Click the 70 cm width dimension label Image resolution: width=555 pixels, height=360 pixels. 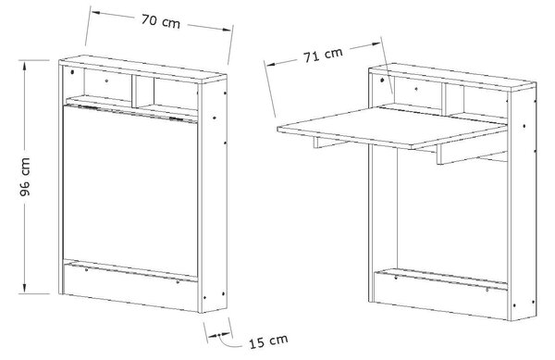point(161,21)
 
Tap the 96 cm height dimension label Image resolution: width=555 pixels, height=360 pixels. point(25,177)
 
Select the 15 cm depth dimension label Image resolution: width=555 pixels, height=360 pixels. point(268,341)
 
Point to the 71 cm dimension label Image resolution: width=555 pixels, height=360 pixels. point(323,56)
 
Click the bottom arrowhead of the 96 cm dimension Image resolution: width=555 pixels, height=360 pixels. point(24,288)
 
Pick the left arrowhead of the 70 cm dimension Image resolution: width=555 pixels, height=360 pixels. point(96,13)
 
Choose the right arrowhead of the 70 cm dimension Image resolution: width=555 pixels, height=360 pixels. point(227,30)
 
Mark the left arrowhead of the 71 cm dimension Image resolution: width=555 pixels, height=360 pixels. point(271,65)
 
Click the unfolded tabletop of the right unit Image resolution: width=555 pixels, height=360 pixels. point(392,127)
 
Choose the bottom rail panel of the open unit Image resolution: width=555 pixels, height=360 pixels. point(440,293)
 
